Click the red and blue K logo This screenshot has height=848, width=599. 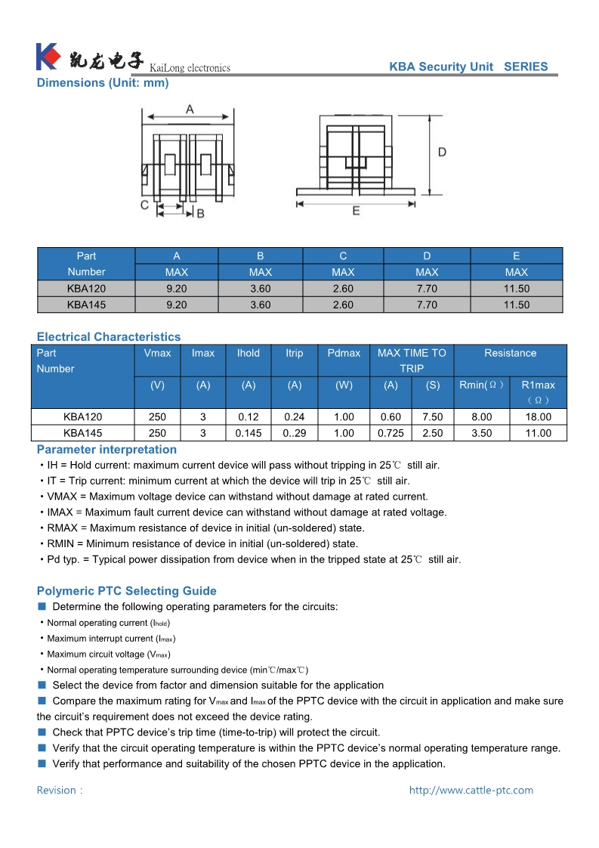(x=47, y=57)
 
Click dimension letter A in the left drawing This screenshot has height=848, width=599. (x=190, y=110)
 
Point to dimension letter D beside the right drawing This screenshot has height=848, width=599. (x=442, y=152)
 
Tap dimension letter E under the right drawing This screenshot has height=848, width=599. (x=356, y=211)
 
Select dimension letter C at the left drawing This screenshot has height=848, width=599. (x=144, y=205)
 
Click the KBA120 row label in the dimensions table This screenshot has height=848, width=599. (x=86, y=288)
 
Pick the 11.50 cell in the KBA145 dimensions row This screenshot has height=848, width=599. (x=517, y=305)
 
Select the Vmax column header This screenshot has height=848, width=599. (x=157, y=353)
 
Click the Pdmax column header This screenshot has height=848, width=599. (x=344, y=353)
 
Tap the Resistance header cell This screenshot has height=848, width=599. (x=510, y=353)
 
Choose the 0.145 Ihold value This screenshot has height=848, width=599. (x=249, y=433)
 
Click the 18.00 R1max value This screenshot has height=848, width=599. (x=538, y=416)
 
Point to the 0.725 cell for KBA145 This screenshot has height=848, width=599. (x=391, y=433)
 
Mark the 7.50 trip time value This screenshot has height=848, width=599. (x=433, y=416)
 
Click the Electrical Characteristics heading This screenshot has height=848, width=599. (x=109, y=336)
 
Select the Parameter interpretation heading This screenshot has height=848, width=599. (x=107, y=449)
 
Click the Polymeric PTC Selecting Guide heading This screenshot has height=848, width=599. (x=126, y=591)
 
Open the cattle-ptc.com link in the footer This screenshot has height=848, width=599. (x=471, y=790)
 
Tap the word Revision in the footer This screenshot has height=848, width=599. (x=57, y=790)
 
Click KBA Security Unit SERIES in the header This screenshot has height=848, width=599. (x=468, y=67)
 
